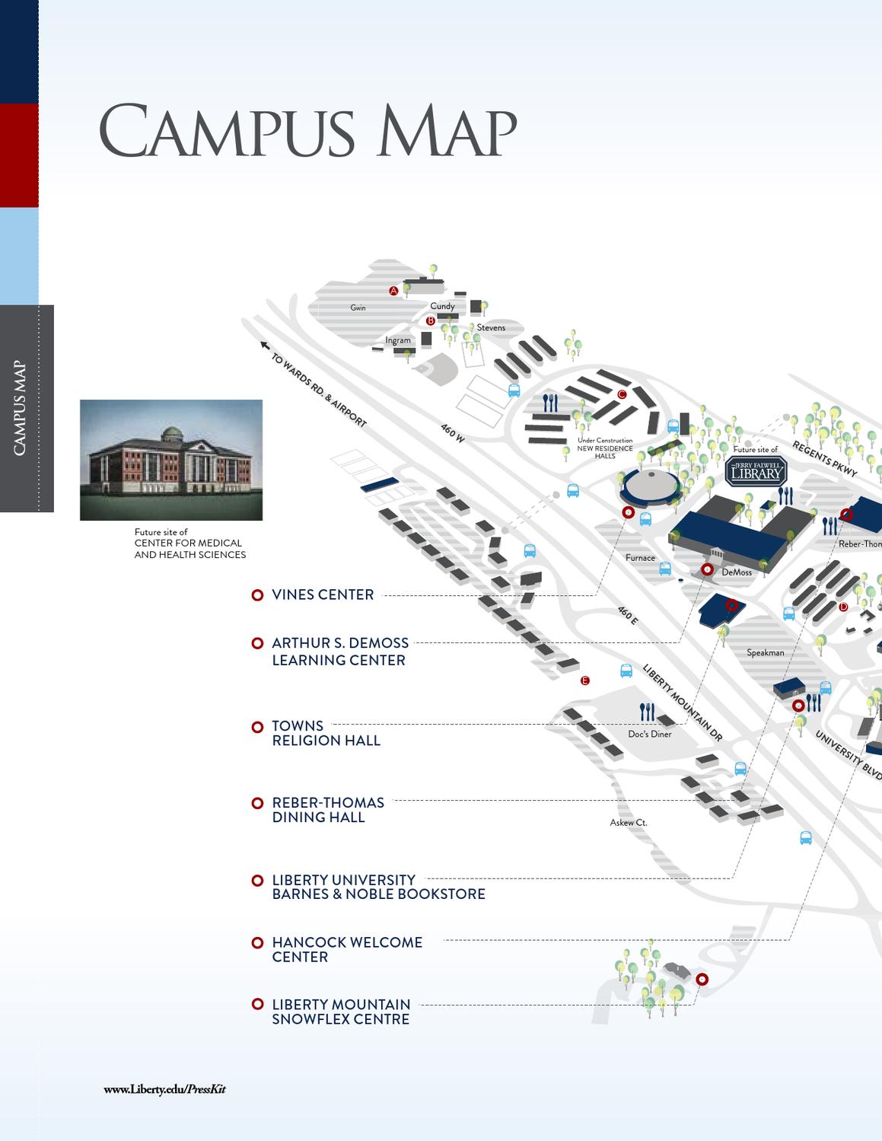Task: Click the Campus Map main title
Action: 307,130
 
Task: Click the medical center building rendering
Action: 171,460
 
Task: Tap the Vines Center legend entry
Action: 322,594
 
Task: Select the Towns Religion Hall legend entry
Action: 325,733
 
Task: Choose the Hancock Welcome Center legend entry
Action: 346,949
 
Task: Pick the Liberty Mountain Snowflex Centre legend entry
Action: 340,1012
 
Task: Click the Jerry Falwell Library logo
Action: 756,472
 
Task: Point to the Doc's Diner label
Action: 650,734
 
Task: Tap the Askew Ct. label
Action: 629,822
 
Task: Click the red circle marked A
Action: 394,291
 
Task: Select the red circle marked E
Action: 584,680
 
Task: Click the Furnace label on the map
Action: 640,558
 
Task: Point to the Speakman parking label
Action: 765,652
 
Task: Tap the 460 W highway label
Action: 452,432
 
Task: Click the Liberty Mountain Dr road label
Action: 682,703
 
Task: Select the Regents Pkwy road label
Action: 825,458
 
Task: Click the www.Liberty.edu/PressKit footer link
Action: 165,1089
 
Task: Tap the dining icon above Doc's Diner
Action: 647,712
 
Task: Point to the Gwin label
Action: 358,308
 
